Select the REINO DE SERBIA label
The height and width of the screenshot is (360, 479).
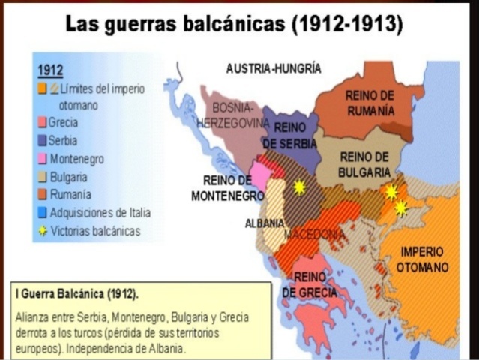coord(289,134)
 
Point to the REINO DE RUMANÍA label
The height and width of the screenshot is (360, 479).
coord(370,103)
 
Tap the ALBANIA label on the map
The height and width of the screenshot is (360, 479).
coord(264,223)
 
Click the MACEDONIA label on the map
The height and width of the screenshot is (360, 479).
coord(313,234)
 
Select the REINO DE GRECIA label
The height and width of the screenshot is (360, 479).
coord(309,284)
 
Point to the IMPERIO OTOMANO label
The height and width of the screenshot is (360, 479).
coord(421,259)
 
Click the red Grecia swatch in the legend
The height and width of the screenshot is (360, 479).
coord(43,123)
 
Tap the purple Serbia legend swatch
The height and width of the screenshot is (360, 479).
coord(43,141)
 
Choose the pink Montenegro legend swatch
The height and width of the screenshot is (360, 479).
coord(43,159)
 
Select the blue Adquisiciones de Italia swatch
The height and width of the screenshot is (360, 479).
coord(43,213)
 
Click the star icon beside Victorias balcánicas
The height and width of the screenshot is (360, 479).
coord(43,232)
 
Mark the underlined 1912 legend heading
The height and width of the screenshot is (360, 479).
coord(49,70)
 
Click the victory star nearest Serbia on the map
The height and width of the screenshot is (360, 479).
coord(299,187)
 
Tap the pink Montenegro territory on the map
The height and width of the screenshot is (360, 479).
coord(259,175)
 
